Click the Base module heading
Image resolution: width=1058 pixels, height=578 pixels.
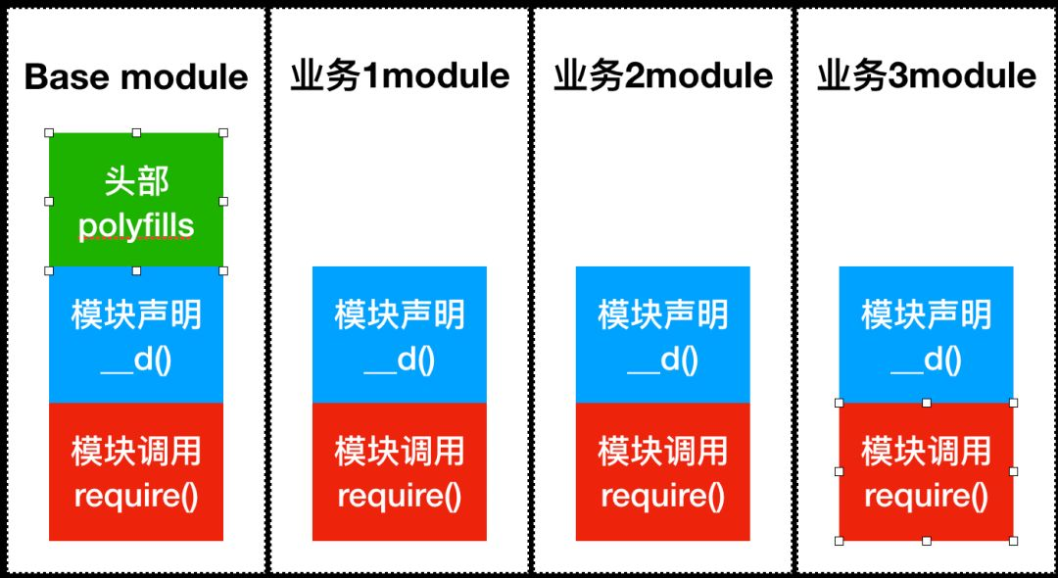point(136,76)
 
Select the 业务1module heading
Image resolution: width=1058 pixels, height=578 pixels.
point(400,76)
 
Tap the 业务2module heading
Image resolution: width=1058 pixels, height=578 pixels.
point(663,76)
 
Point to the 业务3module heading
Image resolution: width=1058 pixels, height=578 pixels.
point(927,76)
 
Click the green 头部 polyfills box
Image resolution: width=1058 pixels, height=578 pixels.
point(136,201)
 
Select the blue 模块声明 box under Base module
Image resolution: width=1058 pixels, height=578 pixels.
point(136,335)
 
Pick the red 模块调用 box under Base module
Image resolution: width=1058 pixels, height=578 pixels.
point(136,471)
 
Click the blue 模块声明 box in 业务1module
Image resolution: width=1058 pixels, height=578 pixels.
point(400,335)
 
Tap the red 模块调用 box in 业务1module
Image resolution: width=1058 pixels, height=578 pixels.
point(400,471)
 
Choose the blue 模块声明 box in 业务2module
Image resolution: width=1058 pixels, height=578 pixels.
point(663,335)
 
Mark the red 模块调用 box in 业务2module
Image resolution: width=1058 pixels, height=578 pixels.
point(663,471)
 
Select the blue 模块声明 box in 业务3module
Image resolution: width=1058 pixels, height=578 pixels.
point(927,335)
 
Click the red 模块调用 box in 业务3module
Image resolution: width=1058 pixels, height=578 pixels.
point(927,471)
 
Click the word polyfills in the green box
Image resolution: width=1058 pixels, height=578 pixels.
point(136,226)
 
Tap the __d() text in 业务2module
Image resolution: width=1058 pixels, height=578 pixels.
point(663,361)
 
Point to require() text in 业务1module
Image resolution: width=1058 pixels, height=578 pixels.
point(400,496)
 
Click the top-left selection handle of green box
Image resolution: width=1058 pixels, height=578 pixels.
point(49,132)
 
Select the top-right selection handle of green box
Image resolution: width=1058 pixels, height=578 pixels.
point(223,132)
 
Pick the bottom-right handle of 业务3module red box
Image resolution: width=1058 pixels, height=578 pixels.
point(1013,540)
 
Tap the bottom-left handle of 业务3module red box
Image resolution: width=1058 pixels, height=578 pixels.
point(840,540)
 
